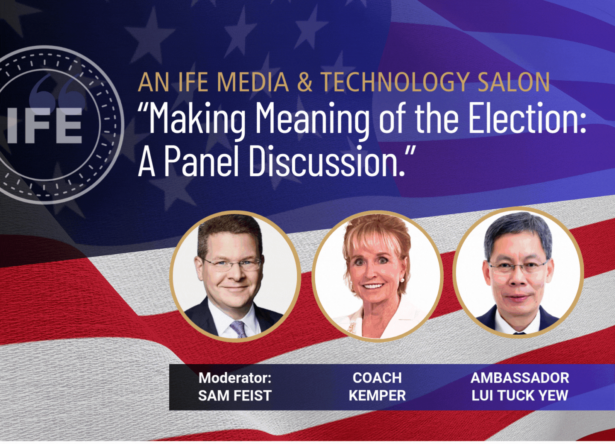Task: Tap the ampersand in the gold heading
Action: (305, 82)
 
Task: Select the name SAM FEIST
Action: (235, 395)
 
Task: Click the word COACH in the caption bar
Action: (377, 378)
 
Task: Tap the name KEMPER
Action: (377, 395)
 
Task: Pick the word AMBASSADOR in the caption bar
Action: (520, 378)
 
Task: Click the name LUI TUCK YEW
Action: (520, 395)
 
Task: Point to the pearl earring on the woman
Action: (403, 280)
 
